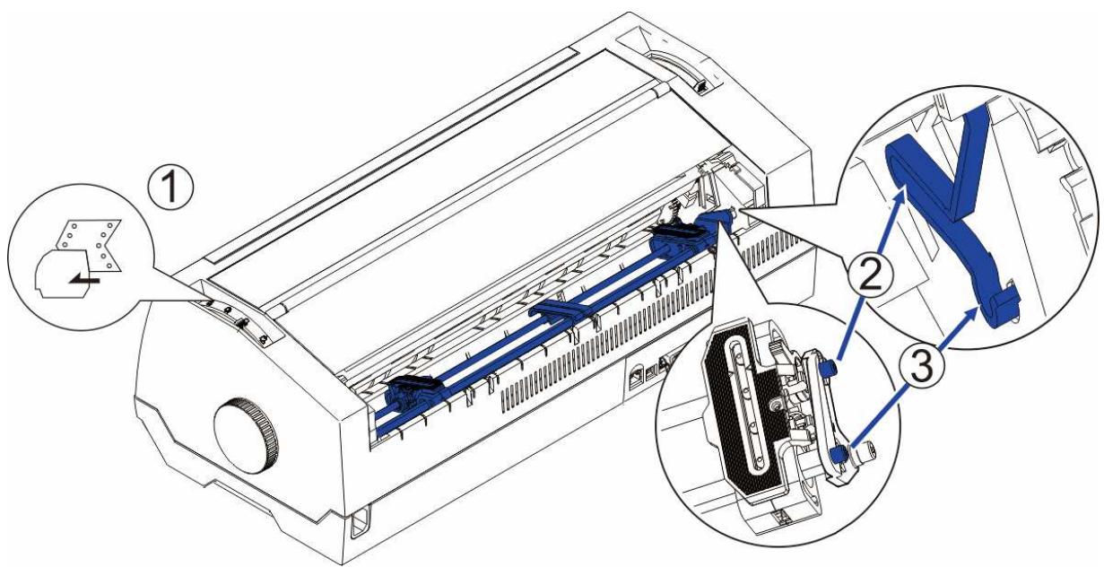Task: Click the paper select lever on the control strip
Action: click(240, 320)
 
